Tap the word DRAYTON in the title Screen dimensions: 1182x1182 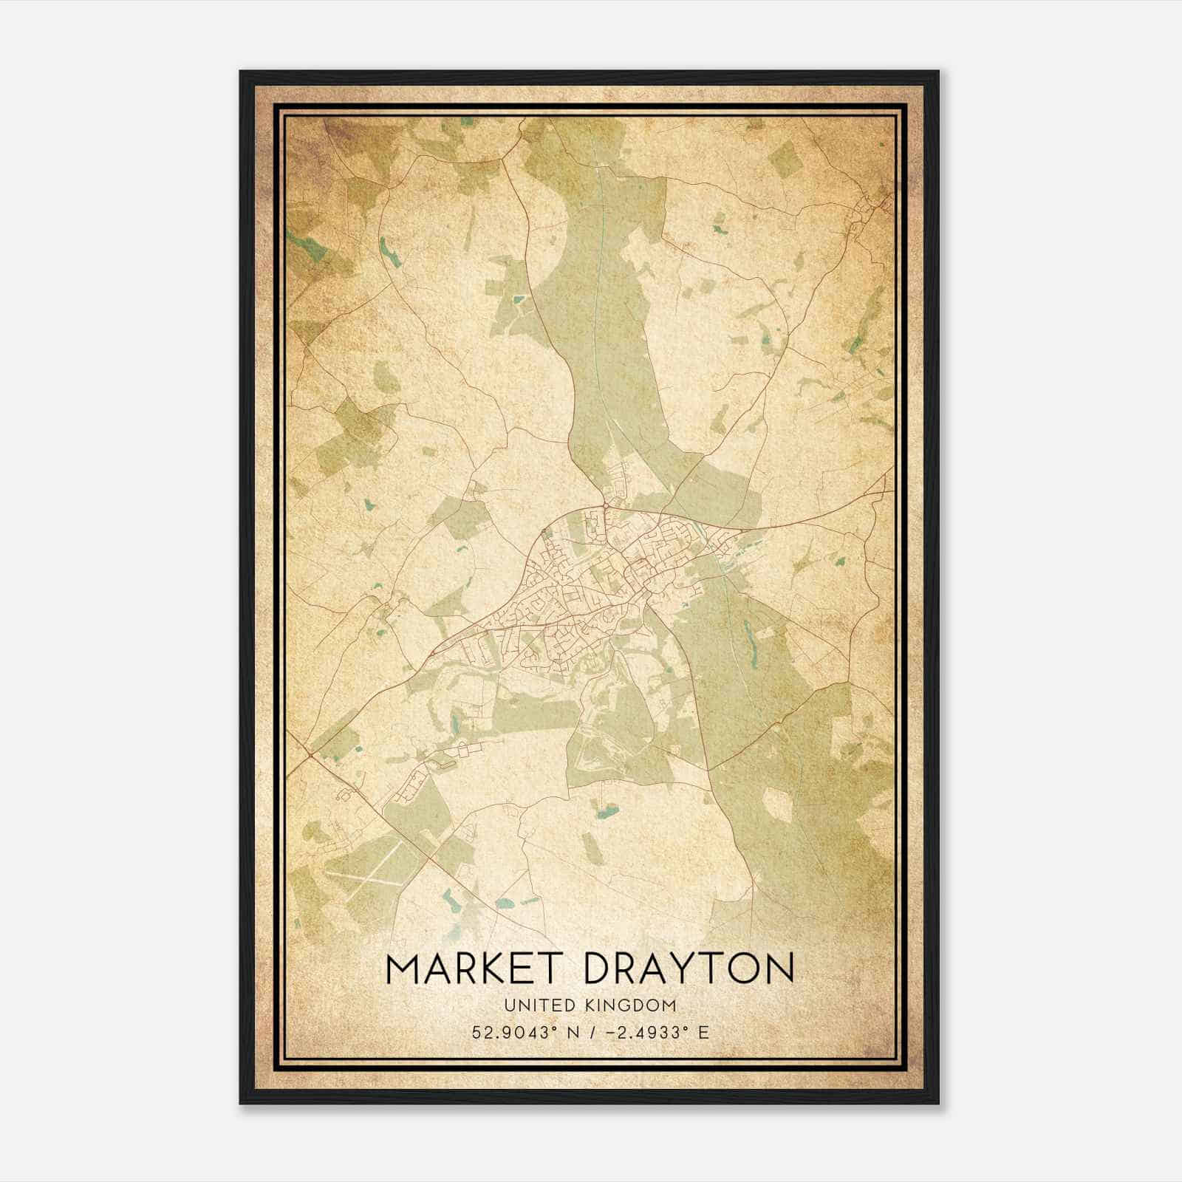pyautogui.click(x=689, y=969)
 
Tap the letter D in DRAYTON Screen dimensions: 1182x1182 pyautogui.click(x=599, y=969)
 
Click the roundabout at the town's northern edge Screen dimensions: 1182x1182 pyautogui.click(x=605, y=505)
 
